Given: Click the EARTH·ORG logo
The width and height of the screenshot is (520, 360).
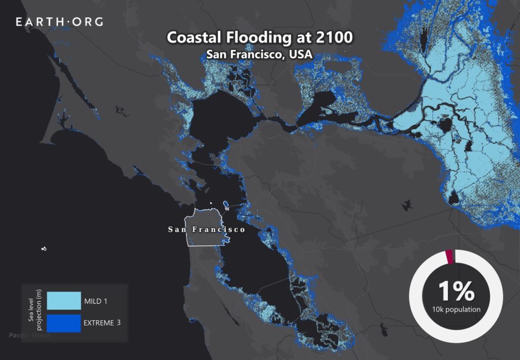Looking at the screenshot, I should [59, 22].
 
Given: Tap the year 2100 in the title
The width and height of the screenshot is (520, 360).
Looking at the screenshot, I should [333, 38].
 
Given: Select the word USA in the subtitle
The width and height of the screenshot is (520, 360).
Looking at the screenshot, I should [300, 55].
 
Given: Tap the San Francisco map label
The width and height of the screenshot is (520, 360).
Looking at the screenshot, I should [207, 230].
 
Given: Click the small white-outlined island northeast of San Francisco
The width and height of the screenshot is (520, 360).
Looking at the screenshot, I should [225, 206].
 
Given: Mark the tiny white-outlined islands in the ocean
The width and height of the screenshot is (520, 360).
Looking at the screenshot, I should [44, 248].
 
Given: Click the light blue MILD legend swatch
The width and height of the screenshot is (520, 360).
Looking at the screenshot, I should [63, 301].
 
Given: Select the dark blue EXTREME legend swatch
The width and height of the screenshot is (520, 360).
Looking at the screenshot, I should [63, 322].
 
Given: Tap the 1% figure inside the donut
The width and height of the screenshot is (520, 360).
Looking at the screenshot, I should [456, 291].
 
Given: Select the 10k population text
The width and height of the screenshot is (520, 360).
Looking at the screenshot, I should [456, 309].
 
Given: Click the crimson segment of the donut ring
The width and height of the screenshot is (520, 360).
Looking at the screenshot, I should [449, 257].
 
